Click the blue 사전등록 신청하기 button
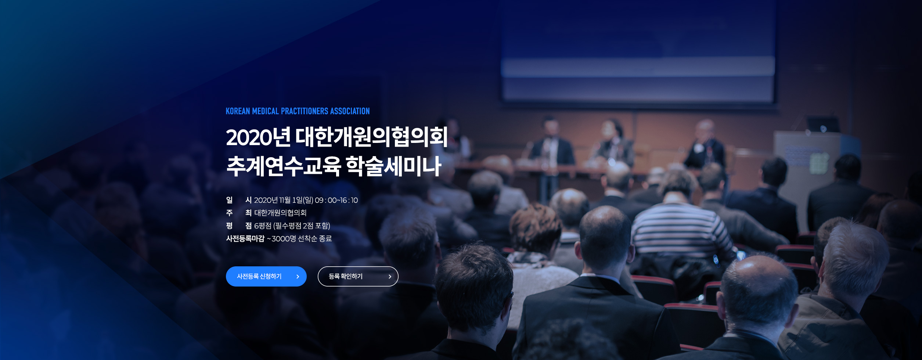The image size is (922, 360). pos(266,276)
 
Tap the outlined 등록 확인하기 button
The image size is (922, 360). pos(358,276)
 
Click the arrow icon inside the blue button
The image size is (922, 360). pos(298,277)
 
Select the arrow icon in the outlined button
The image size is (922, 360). pos(390,277)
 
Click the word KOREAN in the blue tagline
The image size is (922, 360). pos(238,111)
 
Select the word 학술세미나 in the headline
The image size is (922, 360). pos(393,166)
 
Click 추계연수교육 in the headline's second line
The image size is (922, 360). pos(284,166)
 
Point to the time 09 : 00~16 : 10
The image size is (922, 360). pos(336,200)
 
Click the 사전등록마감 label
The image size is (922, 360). pos(245,239)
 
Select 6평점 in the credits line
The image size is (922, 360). pos(263,226)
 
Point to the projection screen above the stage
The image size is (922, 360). pos(638,51)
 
